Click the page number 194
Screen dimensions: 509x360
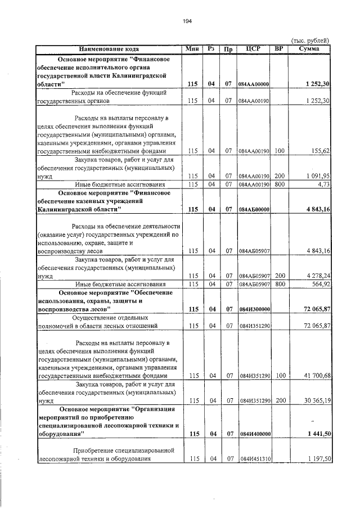(x=188, y=21)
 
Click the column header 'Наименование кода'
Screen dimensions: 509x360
(x=109, y=49)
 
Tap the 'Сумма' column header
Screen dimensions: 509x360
(x=309, y=49)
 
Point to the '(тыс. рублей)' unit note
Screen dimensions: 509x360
(x=310, y=40)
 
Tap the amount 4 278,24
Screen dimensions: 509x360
(x=316, y=276)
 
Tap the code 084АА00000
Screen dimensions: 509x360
(x=254, y=84)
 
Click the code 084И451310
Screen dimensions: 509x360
(x=255, y=460)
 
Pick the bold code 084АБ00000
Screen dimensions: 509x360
(x=254, y=210)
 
